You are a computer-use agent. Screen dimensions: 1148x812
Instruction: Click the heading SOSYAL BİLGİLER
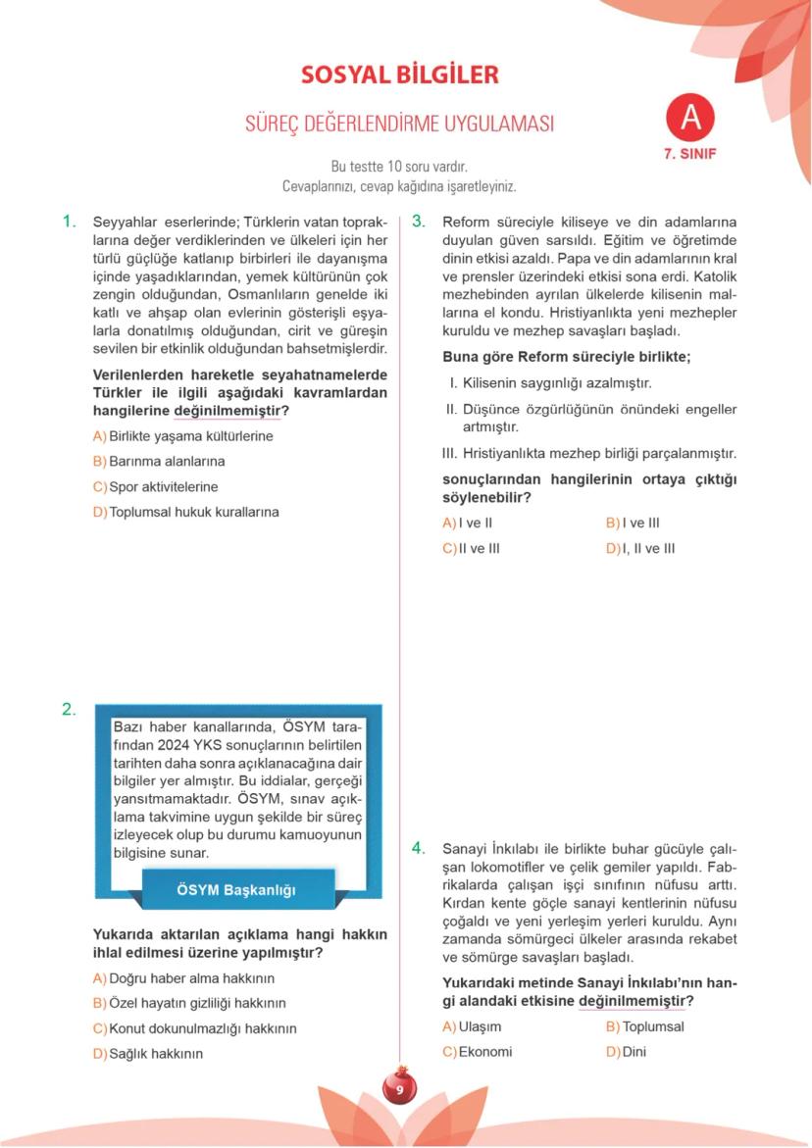(x=399, y=75)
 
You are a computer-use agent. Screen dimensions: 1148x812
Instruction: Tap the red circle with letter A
(x=690, y=118)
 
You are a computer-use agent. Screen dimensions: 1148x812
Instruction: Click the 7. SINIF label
(x=690, y=154)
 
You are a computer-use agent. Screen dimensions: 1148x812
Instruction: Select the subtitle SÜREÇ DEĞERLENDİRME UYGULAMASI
(x=399, y=125)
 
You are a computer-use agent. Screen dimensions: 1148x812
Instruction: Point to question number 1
(x=69, y=222)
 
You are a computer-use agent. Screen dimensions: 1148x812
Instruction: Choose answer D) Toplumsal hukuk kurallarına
(x=185, y=512)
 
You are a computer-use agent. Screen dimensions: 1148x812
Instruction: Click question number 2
(x=69, y=710)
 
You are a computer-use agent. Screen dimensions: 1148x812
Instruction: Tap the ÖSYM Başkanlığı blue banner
(x=236, y=890)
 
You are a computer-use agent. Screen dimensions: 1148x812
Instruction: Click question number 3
(x=418, y=222)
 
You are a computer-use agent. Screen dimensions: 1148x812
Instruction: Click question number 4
(x=418, y=848)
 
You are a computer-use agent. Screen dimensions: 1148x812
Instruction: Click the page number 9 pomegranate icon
(x=400, y=1089)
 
